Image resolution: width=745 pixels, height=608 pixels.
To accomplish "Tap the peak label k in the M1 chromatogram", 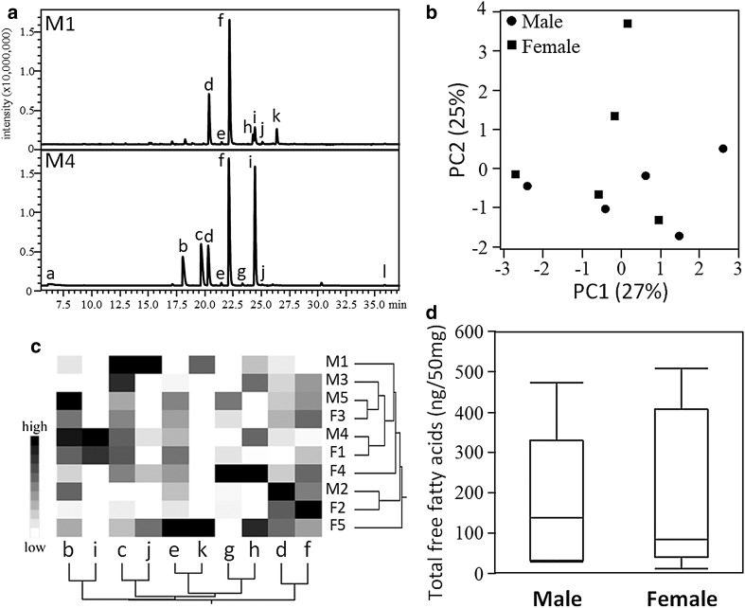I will point(276,116).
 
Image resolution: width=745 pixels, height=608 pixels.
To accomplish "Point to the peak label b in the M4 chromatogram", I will point(183,246).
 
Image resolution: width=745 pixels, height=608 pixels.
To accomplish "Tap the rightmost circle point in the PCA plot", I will point(722,149).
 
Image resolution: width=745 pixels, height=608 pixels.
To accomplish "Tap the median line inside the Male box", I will point(556,517).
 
